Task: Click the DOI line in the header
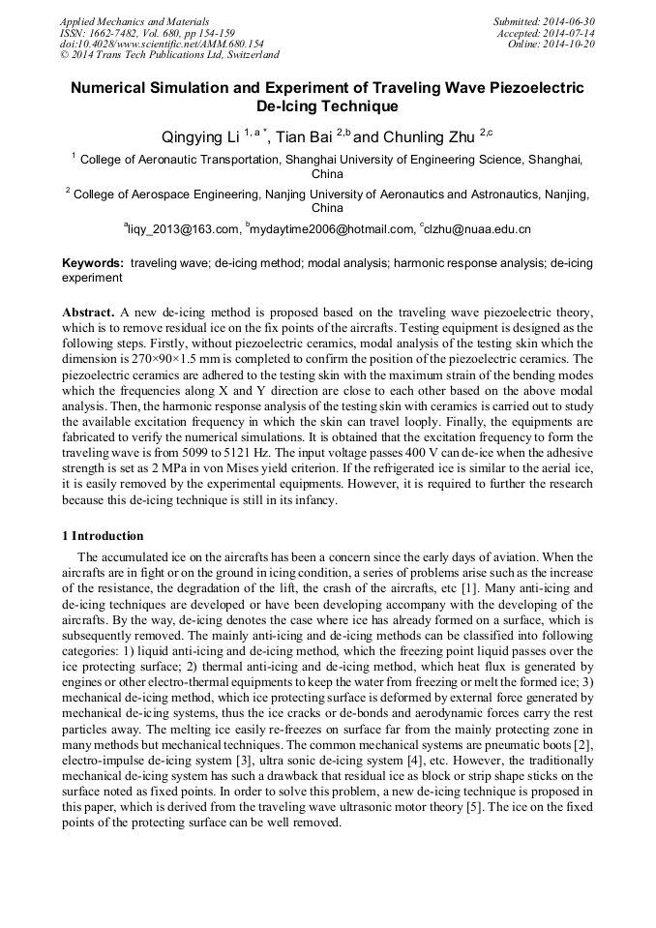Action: [x=162, y=44]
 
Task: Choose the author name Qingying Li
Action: [x=199, y=137]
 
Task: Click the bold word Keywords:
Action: [x=93, y=263]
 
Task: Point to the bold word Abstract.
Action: [x=89, y=314]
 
